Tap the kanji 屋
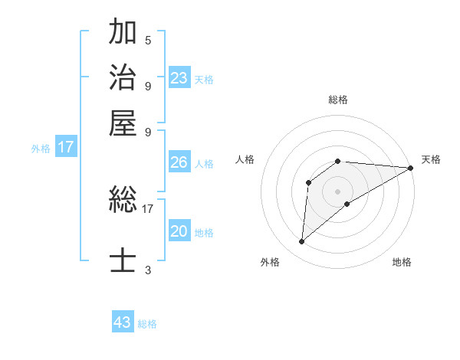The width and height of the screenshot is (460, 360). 123,122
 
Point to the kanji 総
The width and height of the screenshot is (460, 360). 123,201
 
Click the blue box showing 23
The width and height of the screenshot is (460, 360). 179,78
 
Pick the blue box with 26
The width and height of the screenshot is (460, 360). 179,162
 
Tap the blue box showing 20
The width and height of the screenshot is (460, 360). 179,232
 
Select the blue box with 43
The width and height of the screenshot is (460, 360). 123,322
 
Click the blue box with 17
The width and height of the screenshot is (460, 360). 66,147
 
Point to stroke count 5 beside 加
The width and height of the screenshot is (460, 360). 148,40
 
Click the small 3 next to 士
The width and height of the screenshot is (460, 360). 148,270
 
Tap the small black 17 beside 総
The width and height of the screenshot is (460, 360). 148,208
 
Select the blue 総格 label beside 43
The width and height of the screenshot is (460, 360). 148,324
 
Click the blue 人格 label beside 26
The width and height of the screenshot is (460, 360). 204,164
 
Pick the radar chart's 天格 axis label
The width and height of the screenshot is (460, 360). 431,159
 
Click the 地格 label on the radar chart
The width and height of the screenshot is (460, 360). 402,262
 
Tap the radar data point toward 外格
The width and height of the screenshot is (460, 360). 302,242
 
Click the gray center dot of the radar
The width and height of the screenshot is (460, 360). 337,191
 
